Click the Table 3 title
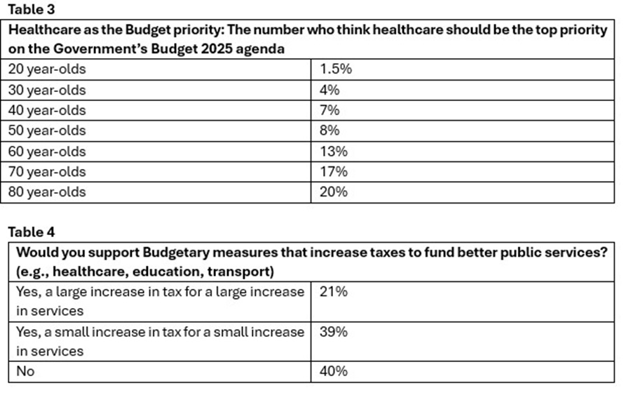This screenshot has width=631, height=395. (30, 10)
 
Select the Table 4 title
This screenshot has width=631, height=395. (31, 232)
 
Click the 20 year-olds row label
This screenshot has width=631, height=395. (47, 69)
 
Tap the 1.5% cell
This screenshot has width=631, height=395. (336, 69)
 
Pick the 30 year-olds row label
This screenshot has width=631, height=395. (47, 90)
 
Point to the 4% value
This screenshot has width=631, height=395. (330, 90)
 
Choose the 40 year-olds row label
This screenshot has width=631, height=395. (47, 110)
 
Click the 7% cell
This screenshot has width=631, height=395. (330, 110)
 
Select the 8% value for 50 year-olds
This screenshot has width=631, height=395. (330, 130)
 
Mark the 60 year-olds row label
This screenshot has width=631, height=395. (47, 152)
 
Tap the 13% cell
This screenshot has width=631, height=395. (333, 152)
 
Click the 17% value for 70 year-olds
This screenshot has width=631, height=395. (333, 172)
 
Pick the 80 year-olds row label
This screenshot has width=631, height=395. (47, 192)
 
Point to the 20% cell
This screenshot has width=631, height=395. (334, 192)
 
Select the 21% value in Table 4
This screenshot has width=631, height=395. (334, 291)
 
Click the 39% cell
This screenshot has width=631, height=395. (334, 332)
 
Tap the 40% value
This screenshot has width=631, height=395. (334, 372)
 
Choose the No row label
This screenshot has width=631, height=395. (25, 372)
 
